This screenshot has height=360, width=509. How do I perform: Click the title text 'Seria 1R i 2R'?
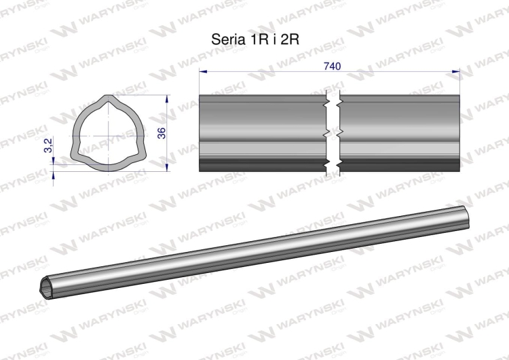pos(255,39)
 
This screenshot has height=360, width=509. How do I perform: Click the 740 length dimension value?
pos(333,67)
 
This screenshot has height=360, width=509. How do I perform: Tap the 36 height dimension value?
pos(162,133)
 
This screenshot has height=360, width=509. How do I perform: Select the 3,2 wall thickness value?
pos(49,145)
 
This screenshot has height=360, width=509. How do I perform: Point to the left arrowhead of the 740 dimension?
pos(203,71)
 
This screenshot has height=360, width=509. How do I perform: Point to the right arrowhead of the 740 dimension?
pos(456,71)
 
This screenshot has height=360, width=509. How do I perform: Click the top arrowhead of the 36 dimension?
pos(167,98)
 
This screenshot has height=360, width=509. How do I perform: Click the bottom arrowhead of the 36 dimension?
pos(167,167)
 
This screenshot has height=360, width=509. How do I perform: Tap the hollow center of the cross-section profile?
pos(108,135)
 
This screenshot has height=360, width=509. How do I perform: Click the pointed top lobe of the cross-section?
pos(108,98)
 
